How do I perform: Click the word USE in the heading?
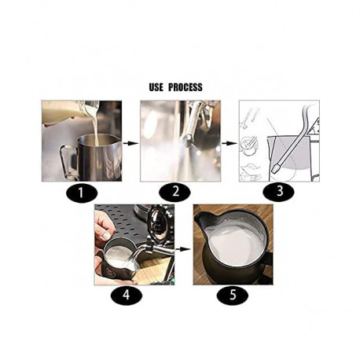coord(156,87)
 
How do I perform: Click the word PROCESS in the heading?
coord(185,87)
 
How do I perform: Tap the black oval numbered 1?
coord(82,193)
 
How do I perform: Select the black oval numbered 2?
coord(174,193)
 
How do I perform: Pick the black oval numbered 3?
coord(278,192)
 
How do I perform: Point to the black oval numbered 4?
coord(127,296)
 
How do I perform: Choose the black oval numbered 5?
coord(233,296)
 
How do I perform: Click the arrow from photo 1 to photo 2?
coord(130,143)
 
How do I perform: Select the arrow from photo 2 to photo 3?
coord(230,143)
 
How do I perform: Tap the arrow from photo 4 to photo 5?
coord(182,249)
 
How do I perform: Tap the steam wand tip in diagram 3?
coord(277,167)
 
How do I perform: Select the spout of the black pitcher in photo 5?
coord(200,219)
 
